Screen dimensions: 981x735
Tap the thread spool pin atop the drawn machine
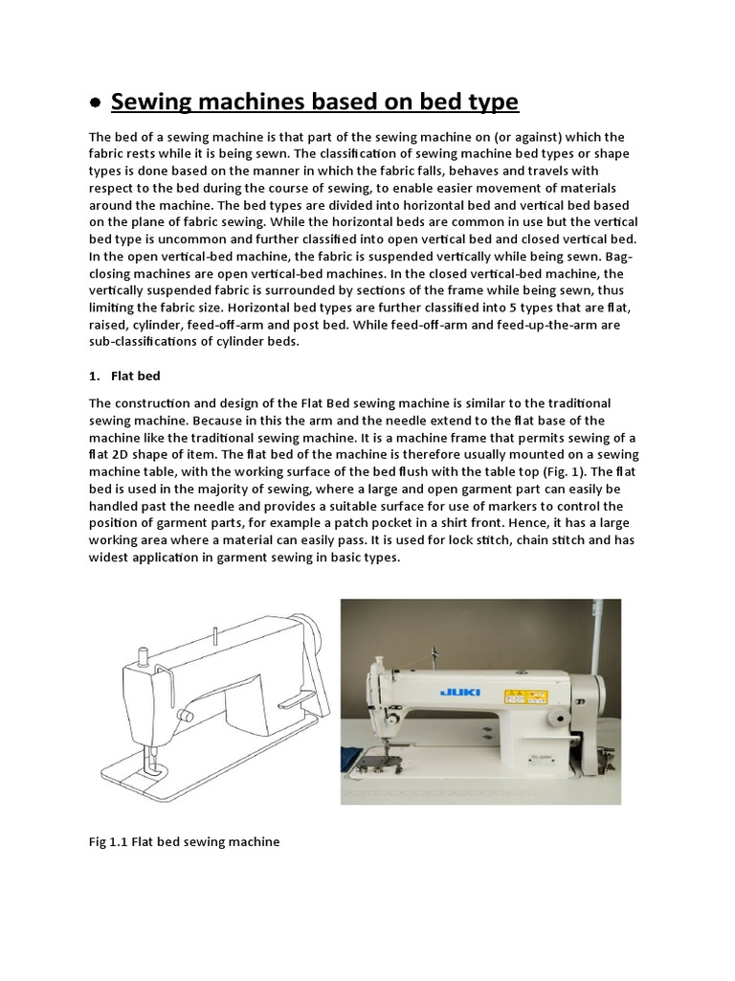coord(217,639)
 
